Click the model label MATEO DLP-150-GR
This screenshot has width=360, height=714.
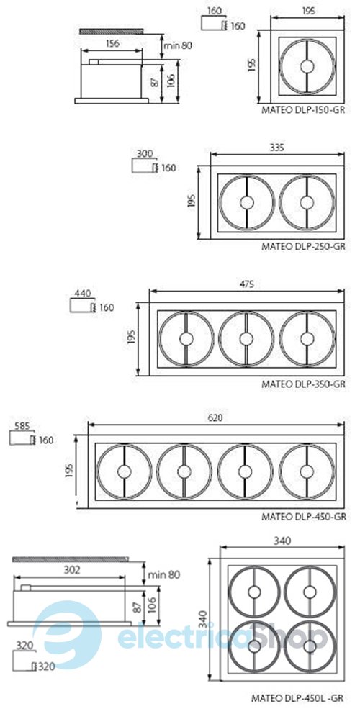pyautogui.click(x=303, y=110)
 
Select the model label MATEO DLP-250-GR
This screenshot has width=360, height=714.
pyautogui.click(x=303, y=247)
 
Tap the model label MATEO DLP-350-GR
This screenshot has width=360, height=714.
pyautogui.click(x=303, y=384)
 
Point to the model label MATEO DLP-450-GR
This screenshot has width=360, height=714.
pyautogui.click(x=304, y=517)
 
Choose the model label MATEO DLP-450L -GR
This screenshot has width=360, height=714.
pyautogui.click(x=297, y=697)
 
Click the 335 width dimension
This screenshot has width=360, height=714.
pyautogui.click(x=276, y=148)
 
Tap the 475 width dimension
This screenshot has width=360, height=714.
pyautogui.click(x=246, y=284)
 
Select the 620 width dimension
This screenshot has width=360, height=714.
pyautogui.click(x=215, y=417)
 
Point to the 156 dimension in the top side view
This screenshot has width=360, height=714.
pyautogui.click(x=112, y=44)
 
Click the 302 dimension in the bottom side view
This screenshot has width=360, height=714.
pyautogui.click(x=72, y=569)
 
